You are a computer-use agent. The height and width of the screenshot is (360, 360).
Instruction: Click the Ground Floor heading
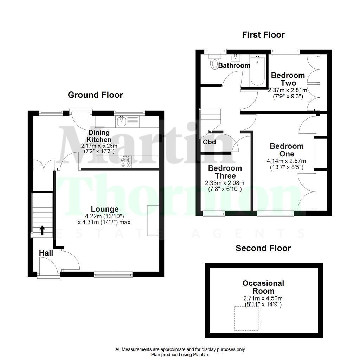coord(95,95)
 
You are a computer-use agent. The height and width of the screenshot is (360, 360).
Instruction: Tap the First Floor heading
coord(263,35)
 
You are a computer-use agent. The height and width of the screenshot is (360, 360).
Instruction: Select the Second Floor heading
coord(263,248)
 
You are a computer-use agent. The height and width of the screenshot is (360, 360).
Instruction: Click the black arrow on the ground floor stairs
coord(43,231)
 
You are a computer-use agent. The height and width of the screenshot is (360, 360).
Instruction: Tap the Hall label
coord(46,253)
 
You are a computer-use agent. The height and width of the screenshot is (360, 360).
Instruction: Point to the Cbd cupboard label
coord(209,142)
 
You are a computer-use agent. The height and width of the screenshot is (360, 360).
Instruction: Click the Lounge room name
coord(105,210)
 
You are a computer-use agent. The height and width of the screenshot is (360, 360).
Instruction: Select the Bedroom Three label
coord(225,172)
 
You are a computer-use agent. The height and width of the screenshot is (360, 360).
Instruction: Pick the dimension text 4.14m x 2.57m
coord(286,161)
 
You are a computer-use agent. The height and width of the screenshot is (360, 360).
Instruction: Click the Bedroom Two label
coord(288,79)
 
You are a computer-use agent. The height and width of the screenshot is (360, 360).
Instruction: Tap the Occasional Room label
coord(263,287)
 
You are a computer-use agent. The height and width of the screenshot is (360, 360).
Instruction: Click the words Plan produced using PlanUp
coord(180,354)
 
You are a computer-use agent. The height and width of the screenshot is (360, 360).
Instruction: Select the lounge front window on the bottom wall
coord(113,274)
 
